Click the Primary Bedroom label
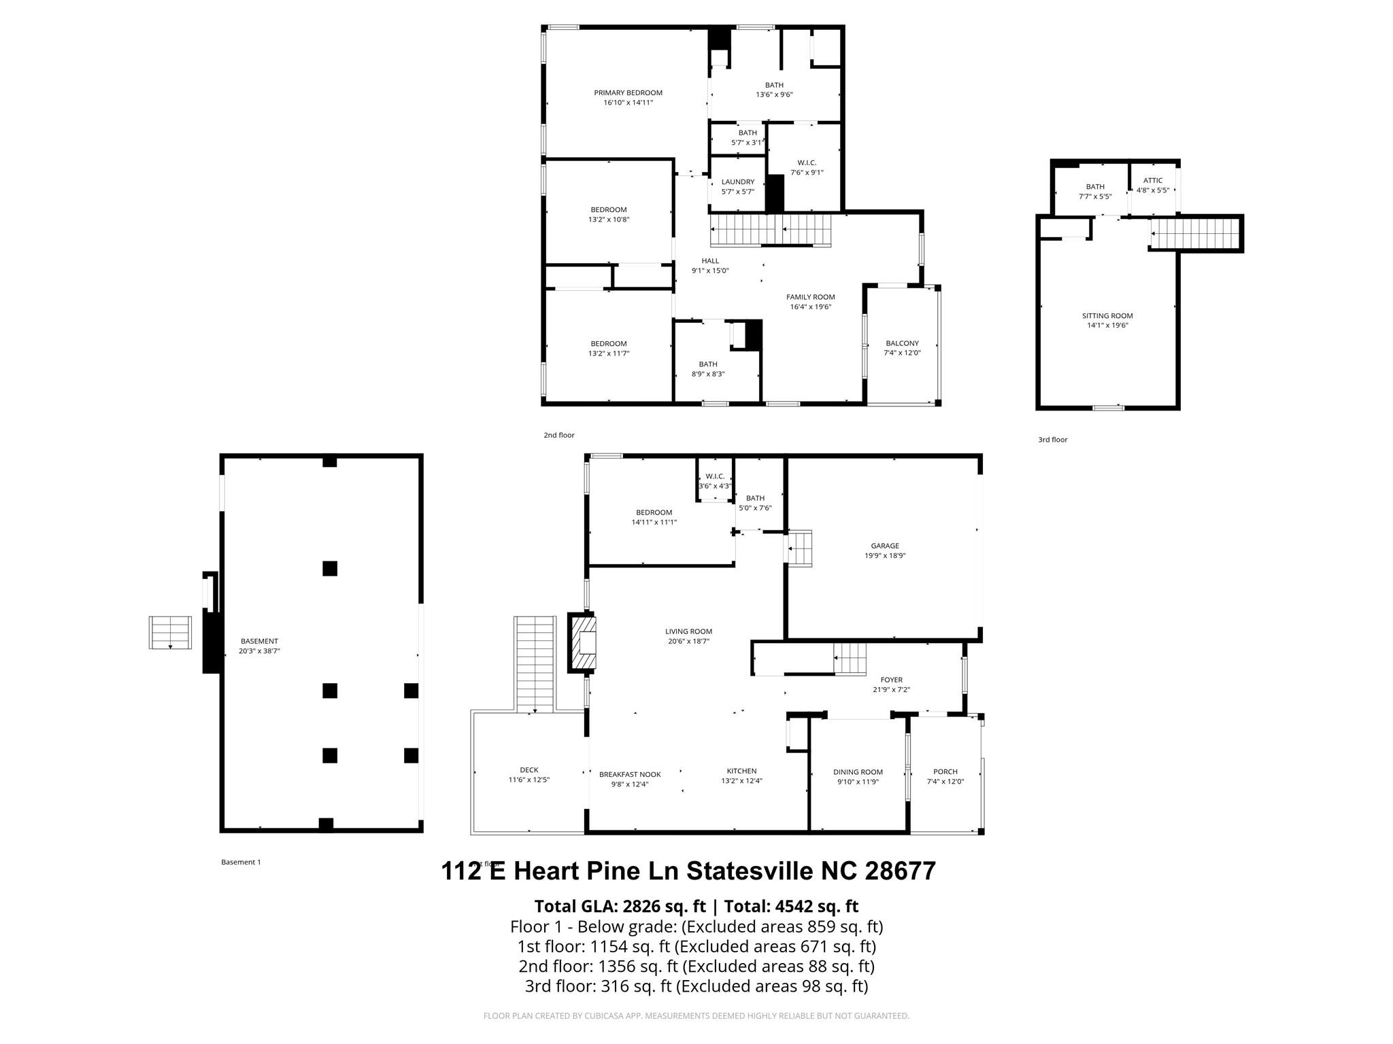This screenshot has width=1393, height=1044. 628,93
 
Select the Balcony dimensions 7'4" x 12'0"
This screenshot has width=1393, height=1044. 902,353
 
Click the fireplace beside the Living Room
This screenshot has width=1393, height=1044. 584,642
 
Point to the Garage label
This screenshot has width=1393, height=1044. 884,546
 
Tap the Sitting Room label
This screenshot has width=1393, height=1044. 1107,316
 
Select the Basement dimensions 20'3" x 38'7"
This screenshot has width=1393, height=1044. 259,651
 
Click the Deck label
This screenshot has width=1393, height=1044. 528,770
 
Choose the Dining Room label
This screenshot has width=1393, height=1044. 858,772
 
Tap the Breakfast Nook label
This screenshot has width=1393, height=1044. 630,774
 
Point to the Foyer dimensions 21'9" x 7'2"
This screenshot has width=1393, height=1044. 891,690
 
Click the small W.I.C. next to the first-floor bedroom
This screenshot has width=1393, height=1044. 714,481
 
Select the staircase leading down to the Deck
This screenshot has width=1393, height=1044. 535,663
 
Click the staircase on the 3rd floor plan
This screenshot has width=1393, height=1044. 1195,234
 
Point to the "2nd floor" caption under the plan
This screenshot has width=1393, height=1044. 558,435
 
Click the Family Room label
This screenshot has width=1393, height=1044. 810,297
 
